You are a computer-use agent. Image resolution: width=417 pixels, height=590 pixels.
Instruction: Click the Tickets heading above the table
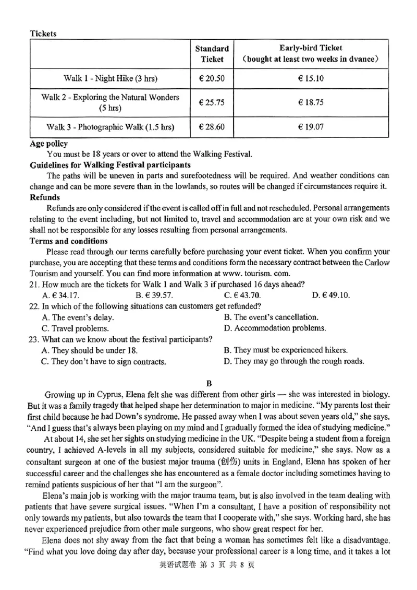point(43,33)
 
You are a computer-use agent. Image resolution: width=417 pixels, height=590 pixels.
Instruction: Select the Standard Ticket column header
point(212,54)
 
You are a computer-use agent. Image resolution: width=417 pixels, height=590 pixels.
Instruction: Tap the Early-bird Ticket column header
point(311,54)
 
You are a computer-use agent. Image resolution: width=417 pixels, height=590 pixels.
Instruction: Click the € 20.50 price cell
point(212,79)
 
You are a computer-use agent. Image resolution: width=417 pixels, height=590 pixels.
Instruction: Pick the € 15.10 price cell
point(311,79)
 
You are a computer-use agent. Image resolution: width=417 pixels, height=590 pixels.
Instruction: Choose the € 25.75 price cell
point(212,103)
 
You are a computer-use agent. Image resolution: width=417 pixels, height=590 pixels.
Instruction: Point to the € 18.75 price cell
point(311,103)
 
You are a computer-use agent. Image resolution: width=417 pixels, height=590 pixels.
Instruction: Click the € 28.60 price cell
point(212,126)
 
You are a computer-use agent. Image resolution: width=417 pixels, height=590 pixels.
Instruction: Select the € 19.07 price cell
point(311,126)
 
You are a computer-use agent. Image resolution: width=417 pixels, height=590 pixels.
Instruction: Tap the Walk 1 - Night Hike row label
point(111,79)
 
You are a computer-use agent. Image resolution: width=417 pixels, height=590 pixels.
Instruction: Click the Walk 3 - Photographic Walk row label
point(111,126)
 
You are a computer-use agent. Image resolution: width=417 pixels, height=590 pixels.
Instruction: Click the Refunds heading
point(44,198)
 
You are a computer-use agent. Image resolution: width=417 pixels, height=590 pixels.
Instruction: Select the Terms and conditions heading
point(69,241)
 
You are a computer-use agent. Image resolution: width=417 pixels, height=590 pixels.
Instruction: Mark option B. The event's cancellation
point(271,317)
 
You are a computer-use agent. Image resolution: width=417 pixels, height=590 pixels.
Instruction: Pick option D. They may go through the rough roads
point(294,361)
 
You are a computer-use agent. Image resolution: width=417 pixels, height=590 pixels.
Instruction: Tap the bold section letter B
point(208,383)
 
